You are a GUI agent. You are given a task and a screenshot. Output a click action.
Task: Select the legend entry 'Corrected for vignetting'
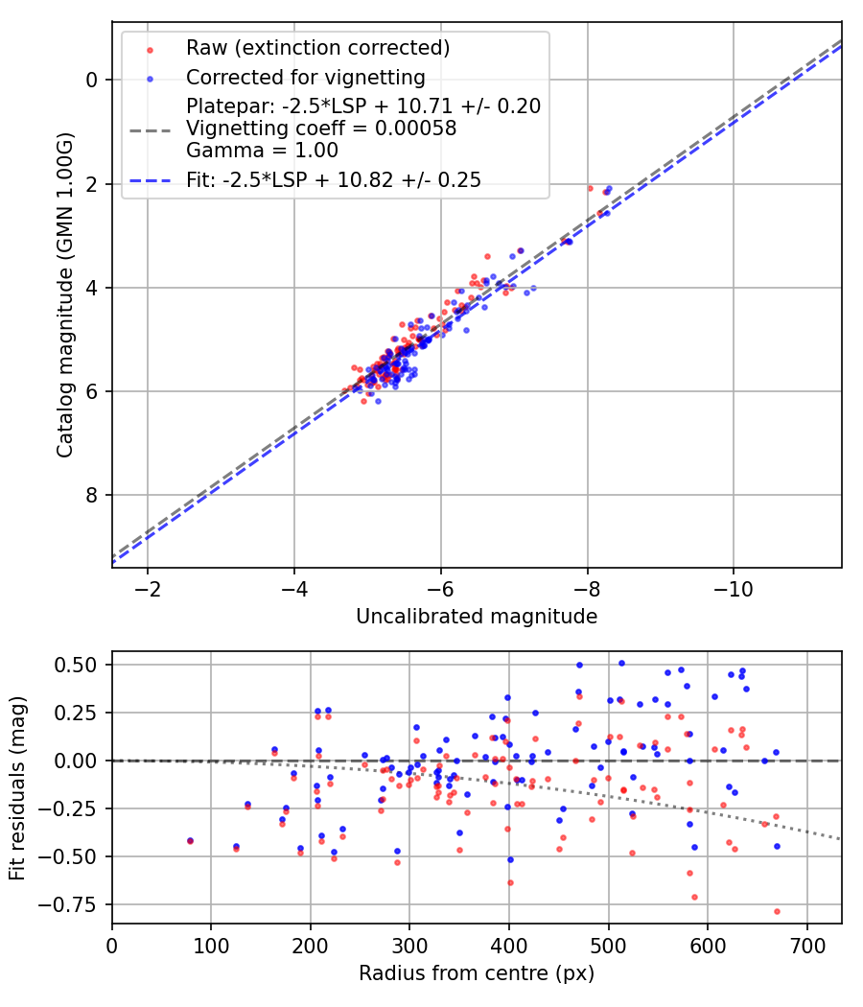(x=305, y=77)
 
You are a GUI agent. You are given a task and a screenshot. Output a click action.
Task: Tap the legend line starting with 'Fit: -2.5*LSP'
(x=334, y=179)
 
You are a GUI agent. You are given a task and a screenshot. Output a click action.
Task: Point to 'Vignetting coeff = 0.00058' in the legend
(x=321, y=128)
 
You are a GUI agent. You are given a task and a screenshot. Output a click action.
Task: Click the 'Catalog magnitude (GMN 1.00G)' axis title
(x=65, y=295)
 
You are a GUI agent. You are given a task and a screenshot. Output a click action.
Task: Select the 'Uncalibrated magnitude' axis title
(x=477, y=617)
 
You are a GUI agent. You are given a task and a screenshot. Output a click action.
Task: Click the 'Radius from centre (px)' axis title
(x=477, y=973)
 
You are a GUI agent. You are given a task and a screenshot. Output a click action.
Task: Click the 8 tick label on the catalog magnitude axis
(x=91, y=495)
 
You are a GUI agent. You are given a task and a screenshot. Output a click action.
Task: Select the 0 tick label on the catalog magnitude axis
(x=91, y=80)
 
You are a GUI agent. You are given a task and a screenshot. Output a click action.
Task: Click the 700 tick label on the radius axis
(x=806, y=945)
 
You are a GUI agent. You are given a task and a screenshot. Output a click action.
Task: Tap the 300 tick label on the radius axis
(x=409, y=945)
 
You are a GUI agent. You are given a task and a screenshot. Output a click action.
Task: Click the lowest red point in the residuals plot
(x=777, y=911)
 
